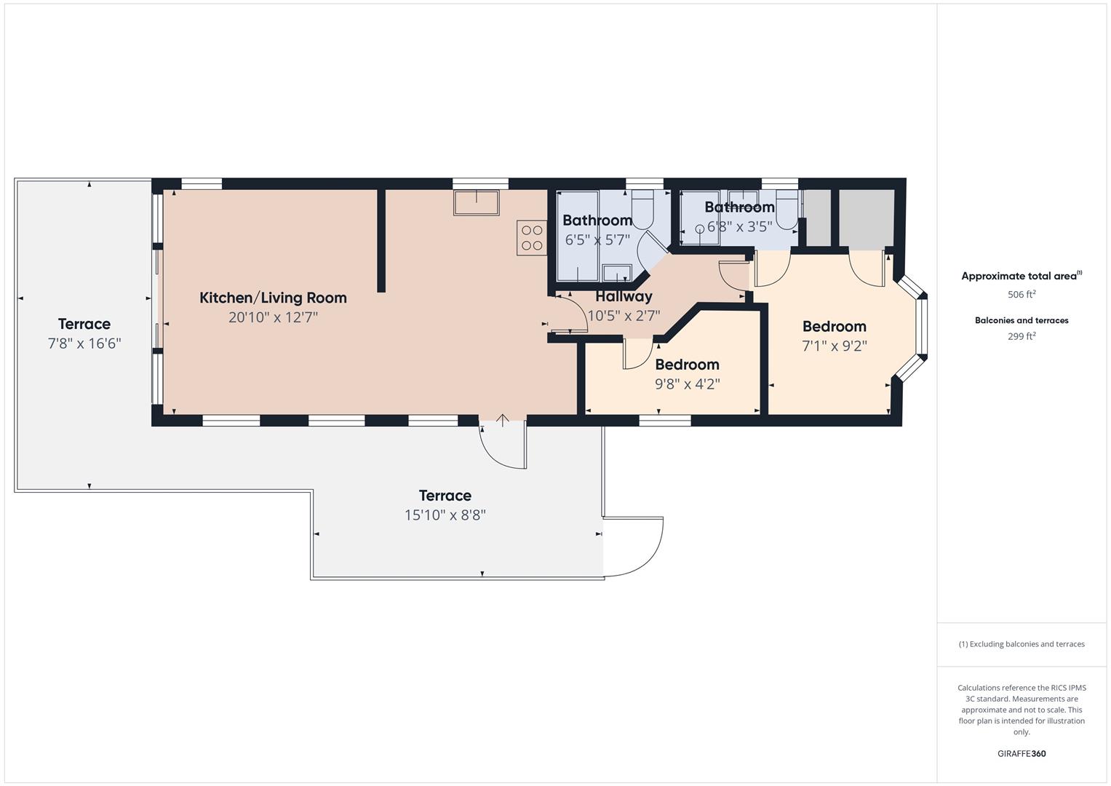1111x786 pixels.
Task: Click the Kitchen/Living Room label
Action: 273,298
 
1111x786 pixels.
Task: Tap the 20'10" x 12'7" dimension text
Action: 273,317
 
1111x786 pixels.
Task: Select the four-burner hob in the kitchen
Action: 532,237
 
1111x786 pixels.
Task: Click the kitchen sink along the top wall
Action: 477,202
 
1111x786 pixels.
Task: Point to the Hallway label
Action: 624,296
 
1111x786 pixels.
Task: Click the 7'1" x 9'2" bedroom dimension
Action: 834,346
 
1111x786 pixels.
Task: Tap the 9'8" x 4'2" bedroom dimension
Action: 687,384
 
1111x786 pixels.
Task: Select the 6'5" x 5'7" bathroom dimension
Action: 597,239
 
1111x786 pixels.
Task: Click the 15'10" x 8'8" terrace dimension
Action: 445,515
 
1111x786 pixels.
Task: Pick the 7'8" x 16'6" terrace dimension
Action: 84,344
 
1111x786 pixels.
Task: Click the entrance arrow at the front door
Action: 502,420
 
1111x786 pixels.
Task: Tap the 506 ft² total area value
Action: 1021,295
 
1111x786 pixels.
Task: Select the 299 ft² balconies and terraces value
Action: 1021,336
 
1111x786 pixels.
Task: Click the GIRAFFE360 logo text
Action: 1021,753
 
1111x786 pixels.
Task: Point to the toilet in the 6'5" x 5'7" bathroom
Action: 643,207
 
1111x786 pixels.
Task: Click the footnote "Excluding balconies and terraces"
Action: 1021,644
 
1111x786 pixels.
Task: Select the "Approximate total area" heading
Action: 1021,276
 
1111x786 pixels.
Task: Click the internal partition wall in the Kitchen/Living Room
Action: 381,240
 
